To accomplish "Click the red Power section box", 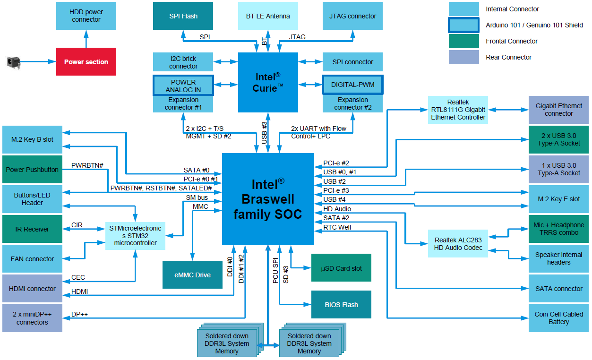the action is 86,61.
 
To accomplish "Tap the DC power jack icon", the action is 13,63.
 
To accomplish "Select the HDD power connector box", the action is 86,16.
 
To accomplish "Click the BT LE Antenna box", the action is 268,16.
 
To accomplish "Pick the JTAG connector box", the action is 352,16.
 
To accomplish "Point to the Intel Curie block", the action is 268,83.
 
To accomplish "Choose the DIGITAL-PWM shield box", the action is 352,85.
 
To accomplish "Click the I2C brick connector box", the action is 183,62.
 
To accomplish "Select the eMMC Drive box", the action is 192,274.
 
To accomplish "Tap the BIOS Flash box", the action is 341,305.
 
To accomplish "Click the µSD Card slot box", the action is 341,268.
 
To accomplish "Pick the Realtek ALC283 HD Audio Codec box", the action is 458,244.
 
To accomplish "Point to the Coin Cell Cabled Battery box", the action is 559,318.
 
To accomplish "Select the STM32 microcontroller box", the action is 135,236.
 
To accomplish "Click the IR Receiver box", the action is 32,229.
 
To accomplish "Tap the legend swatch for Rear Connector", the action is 464,57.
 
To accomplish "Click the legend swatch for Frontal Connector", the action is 464,41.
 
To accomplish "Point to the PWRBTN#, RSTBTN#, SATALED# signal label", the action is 161,188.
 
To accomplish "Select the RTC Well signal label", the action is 337,227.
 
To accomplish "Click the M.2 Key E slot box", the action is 559,199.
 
